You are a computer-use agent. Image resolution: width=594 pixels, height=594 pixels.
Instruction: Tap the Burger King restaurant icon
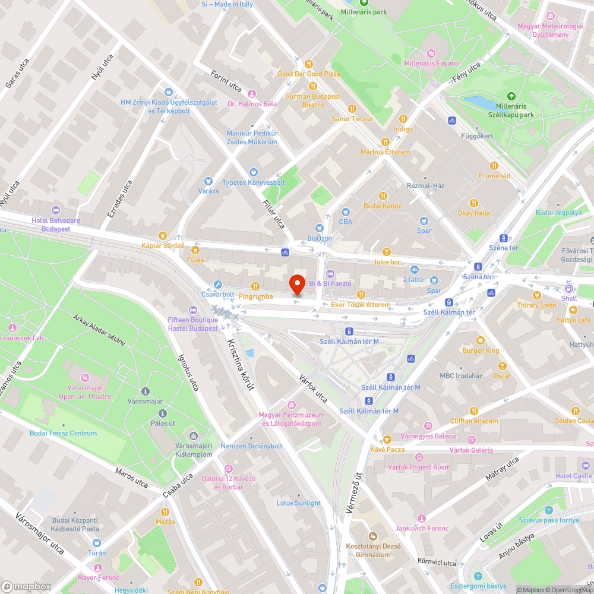pos(481,340)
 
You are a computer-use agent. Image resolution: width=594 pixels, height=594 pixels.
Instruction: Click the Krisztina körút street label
pos(241,364)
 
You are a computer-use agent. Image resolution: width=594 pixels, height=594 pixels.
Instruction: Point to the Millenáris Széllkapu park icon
pos(511,96)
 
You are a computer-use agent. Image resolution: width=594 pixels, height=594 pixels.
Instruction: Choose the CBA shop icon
pos(345,212)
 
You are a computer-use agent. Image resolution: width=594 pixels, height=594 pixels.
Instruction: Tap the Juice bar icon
pos(387,252)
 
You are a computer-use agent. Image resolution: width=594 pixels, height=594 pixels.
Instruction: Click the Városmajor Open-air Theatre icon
pos(85,377)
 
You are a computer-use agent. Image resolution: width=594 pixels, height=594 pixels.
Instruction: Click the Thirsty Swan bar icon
pos(536,295)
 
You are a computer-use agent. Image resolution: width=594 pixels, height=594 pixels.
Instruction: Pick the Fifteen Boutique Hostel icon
pos(192,310)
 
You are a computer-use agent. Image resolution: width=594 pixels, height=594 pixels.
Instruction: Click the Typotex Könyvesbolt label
pos(254,182)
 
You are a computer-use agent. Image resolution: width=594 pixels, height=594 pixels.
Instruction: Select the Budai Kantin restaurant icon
pos(383,195)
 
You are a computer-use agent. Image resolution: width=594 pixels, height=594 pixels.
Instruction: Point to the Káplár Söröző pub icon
pos(163,235)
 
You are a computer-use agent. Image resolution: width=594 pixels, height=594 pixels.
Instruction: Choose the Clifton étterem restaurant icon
pos(473,410)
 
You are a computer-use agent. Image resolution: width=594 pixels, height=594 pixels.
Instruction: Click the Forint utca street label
pos(226,81)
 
